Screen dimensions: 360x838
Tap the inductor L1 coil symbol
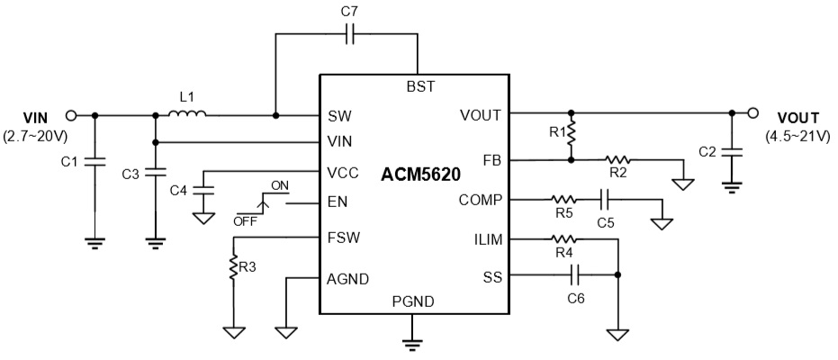click(190, 113)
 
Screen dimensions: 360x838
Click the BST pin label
click(420, 86)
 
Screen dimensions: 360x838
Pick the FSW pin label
click(340, 238)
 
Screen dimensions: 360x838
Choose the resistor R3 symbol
click(233, 267)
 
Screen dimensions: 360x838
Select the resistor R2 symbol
click(617, 160)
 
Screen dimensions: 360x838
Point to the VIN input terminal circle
click(71, 115)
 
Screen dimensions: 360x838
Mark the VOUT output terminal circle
click(754, 113)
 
